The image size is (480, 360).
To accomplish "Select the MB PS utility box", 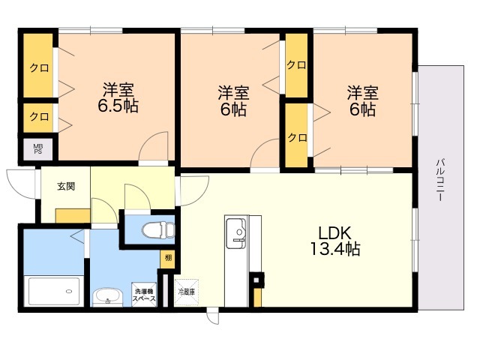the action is point(38,149).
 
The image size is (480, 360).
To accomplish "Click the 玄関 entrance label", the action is point(66,187).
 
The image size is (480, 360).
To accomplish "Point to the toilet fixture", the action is point(158,230).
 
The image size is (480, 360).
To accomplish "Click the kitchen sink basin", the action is point(235,233).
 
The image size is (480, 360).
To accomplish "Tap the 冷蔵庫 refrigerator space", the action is point(187,292).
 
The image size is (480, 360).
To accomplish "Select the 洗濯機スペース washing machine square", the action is point(144,295).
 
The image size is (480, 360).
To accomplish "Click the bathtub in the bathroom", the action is point(54,291).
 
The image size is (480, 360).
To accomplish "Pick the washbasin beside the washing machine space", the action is point(108,297).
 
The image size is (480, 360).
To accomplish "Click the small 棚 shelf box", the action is point(168,259).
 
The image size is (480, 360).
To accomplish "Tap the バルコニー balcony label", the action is point(440,180).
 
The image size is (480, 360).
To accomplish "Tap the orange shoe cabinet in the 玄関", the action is point(73,216).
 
